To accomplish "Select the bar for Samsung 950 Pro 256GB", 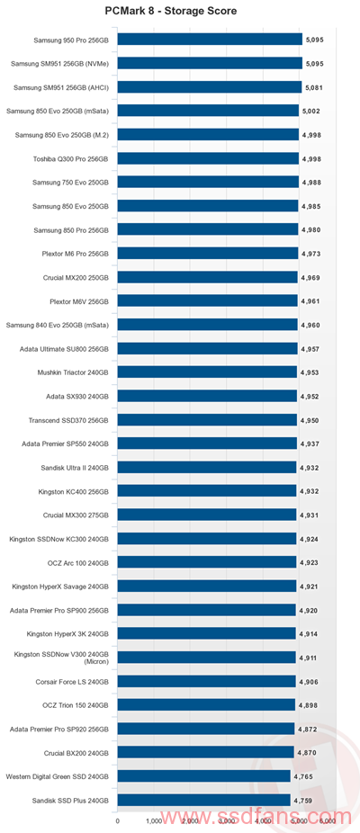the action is (210, 40).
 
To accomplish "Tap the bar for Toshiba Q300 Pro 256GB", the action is (208, 158).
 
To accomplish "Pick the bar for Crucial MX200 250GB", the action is (207, 277).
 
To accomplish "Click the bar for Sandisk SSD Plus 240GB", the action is (203, 800).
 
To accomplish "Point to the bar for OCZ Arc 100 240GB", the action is (207, 562).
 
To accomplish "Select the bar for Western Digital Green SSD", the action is (203, 776).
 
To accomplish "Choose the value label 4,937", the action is (309, 444).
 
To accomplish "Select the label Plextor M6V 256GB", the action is (79, 301).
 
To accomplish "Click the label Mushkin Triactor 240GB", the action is (74, 373).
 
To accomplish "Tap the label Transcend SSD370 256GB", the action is (69, 420).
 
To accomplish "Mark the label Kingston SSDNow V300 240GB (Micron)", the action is (62, 658).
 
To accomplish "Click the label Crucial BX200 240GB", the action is (77, 753).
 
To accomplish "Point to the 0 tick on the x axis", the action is (118, 820).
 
